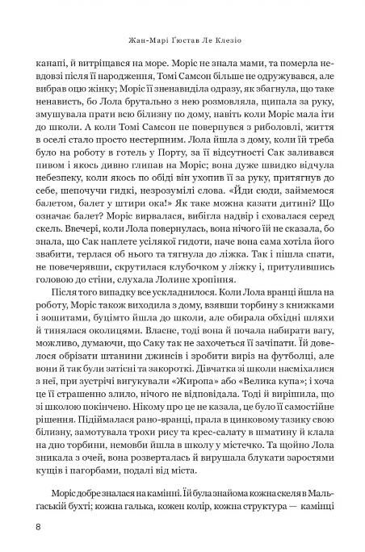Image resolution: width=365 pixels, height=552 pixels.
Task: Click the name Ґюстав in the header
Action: click(192, 36)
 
